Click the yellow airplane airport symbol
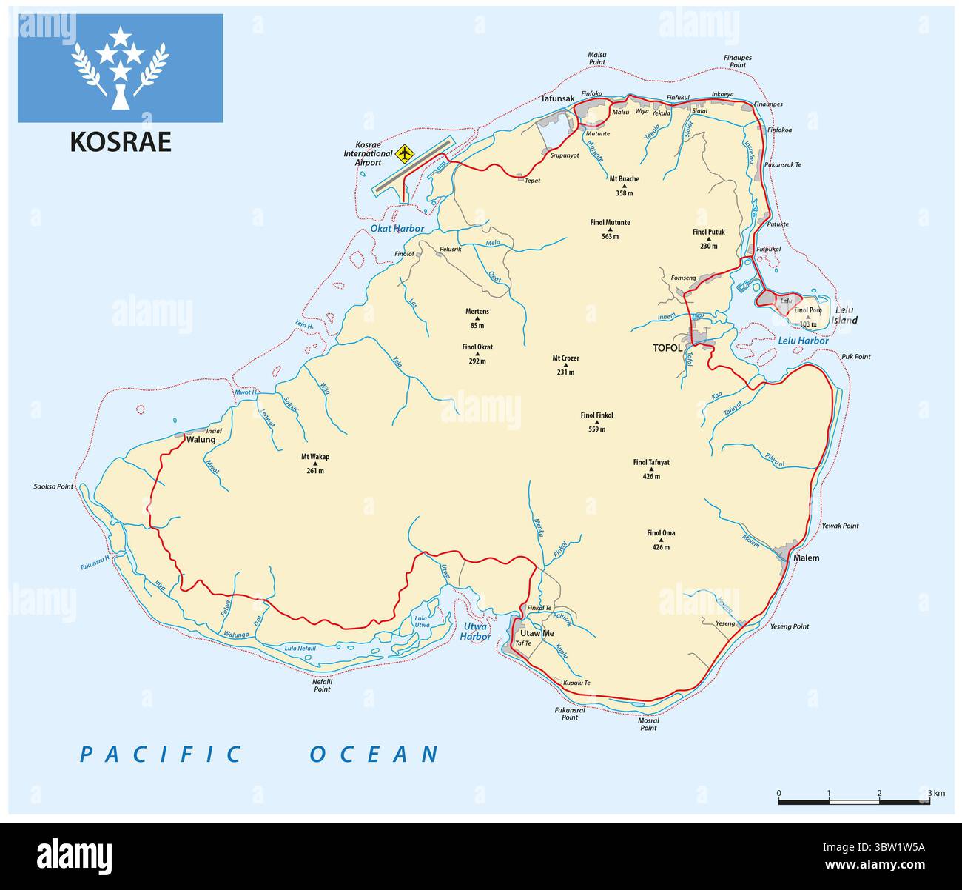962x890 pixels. (403, 154)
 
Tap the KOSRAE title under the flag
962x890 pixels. (121, 141)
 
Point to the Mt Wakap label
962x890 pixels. (315, 457)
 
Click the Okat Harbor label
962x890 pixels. (398, 229)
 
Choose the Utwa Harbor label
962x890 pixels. (475, 631)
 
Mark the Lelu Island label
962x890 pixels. (845, 315)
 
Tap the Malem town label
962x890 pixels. (806, 558)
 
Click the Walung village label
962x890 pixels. (201, 440)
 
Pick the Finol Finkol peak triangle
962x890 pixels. (597, 423)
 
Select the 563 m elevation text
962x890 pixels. (610, 237)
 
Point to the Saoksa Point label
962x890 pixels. (53, 486)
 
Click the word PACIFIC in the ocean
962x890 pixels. (161, 754)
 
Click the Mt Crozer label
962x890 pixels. (566, 358)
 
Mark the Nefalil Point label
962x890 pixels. (322, 685)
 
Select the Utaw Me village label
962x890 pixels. (536, 633)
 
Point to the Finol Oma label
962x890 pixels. (661, 533)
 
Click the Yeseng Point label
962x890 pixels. (790, 626)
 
